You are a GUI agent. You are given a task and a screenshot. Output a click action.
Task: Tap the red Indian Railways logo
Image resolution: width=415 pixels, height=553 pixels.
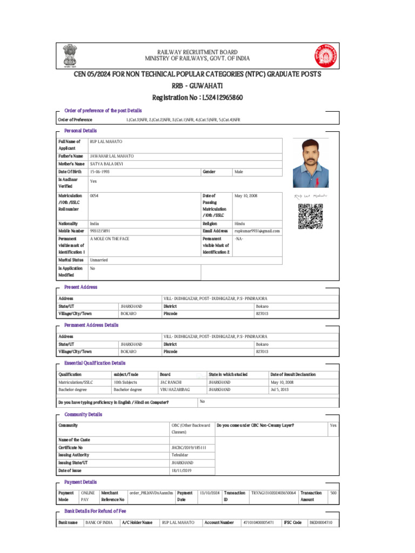325,55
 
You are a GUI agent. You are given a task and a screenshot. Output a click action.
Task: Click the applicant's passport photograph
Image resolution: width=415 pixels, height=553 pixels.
310,162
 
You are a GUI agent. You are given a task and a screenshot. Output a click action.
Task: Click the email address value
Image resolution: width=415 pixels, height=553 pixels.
257,231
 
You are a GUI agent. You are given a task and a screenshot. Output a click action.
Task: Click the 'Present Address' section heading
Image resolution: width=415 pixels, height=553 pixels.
81,287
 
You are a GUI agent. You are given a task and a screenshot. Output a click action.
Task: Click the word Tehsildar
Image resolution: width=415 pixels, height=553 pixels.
180,455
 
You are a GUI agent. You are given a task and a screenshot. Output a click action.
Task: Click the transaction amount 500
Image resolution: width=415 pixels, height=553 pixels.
333,493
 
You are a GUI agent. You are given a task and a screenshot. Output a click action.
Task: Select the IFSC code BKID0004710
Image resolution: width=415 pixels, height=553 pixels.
320,523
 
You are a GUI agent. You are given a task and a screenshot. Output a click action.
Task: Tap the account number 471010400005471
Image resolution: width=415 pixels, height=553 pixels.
259,523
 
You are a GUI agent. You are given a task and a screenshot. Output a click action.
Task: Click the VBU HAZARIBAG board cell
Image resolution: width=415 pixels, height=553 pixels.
172,389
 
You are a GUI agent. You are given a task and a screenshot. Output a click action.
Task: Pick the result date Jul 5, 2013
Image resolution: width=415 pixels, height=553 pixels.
280,389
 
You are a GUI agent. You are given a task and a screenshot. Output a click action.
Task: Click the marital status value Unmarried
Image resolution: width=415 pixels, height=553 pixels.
99,260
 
